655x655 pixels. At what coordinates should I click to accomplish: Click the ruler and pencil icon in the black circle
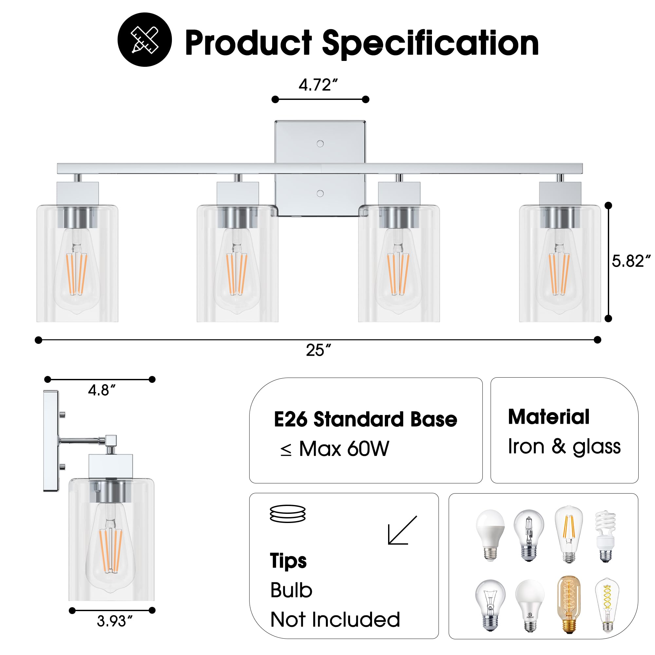144,40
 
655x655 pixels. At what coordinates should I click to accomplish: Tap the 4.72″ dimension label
318,85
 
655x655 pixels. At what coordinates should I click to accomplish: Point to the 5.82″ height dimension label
630,261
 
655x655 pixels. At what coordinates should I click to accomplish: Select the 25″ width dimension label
318,350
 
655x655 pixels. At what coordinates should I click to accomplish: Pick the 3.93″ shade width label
115,621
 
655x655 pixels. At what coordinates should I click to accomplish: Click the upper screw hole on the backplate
320,144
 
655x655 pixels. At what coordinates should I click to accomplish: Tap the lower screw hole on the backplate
320,194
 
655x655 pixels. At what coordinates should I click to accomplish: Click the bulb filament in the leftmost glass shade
76,273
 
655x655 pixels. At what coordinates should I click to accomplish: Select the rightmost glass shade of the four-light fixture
560,264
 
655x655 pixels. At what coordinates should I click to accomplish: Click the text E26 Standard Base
365,420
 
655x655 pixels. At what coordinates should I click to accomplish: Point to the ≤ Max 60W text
335,449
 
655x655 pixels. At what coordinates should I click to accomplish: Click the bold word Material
549,417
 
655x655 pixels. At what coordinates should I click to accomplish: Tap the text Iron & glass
564,446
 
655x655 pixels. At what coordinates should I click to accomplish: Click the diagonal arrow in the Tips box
402,530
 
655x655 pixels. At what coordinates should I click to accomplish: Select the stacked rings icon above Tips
288,514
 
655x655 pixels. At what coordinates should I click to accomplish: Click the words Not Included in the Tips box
335,619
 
